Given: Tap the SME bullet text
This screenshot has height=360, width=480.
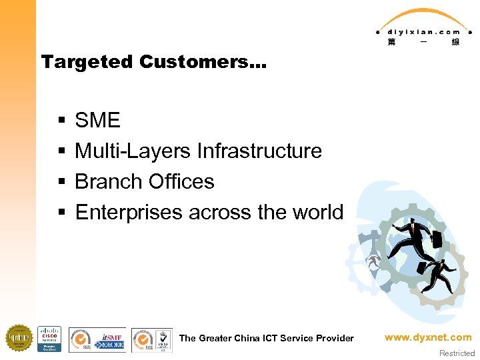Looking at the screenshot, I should point(97,121).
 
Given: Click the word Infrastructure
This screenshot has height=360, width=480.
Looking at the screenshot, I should point(259,151).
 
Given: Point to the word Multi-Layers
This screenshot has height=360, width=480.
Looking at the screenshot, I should point(133,151).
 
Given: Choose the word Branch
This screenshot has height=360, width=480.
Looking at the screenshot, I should point(109,182).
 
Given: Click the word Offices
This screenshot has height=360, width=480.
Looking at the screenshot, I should point(181,182).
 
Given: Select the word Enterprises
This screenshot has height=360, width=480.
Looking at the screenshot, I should point(129,213).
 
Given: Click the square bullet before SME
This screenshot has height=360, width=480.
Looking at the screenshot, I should point(61,121).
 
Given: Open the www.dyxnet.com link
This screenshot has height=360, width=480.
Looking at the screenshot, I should point(427,338).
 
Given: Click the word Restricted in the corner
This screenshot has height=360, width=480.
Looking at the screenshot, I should point(457,353).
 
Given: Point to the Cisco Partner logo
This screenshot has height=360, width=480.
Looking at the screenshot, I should point(49,339).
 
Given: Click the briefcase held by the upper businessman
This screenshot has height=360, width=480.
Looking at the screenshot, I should point(437,238).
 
